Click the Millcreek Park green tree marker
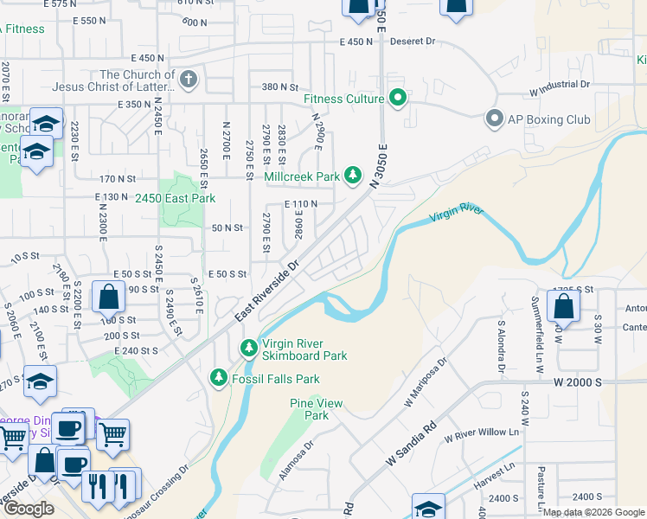(353, 176)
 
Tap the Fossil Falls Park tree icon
(219, 378)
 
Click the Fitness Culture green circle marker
(398, 99)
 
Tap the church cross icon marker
(189, 80)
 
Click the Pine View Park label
(317, 409)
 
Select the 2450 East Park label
(175, 198)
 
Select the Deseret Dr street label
(411, 42)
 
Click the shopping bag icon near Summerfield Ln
(563, 307)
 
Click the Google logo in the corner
(29, 509)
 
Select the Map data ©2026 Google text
(593, 512)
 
